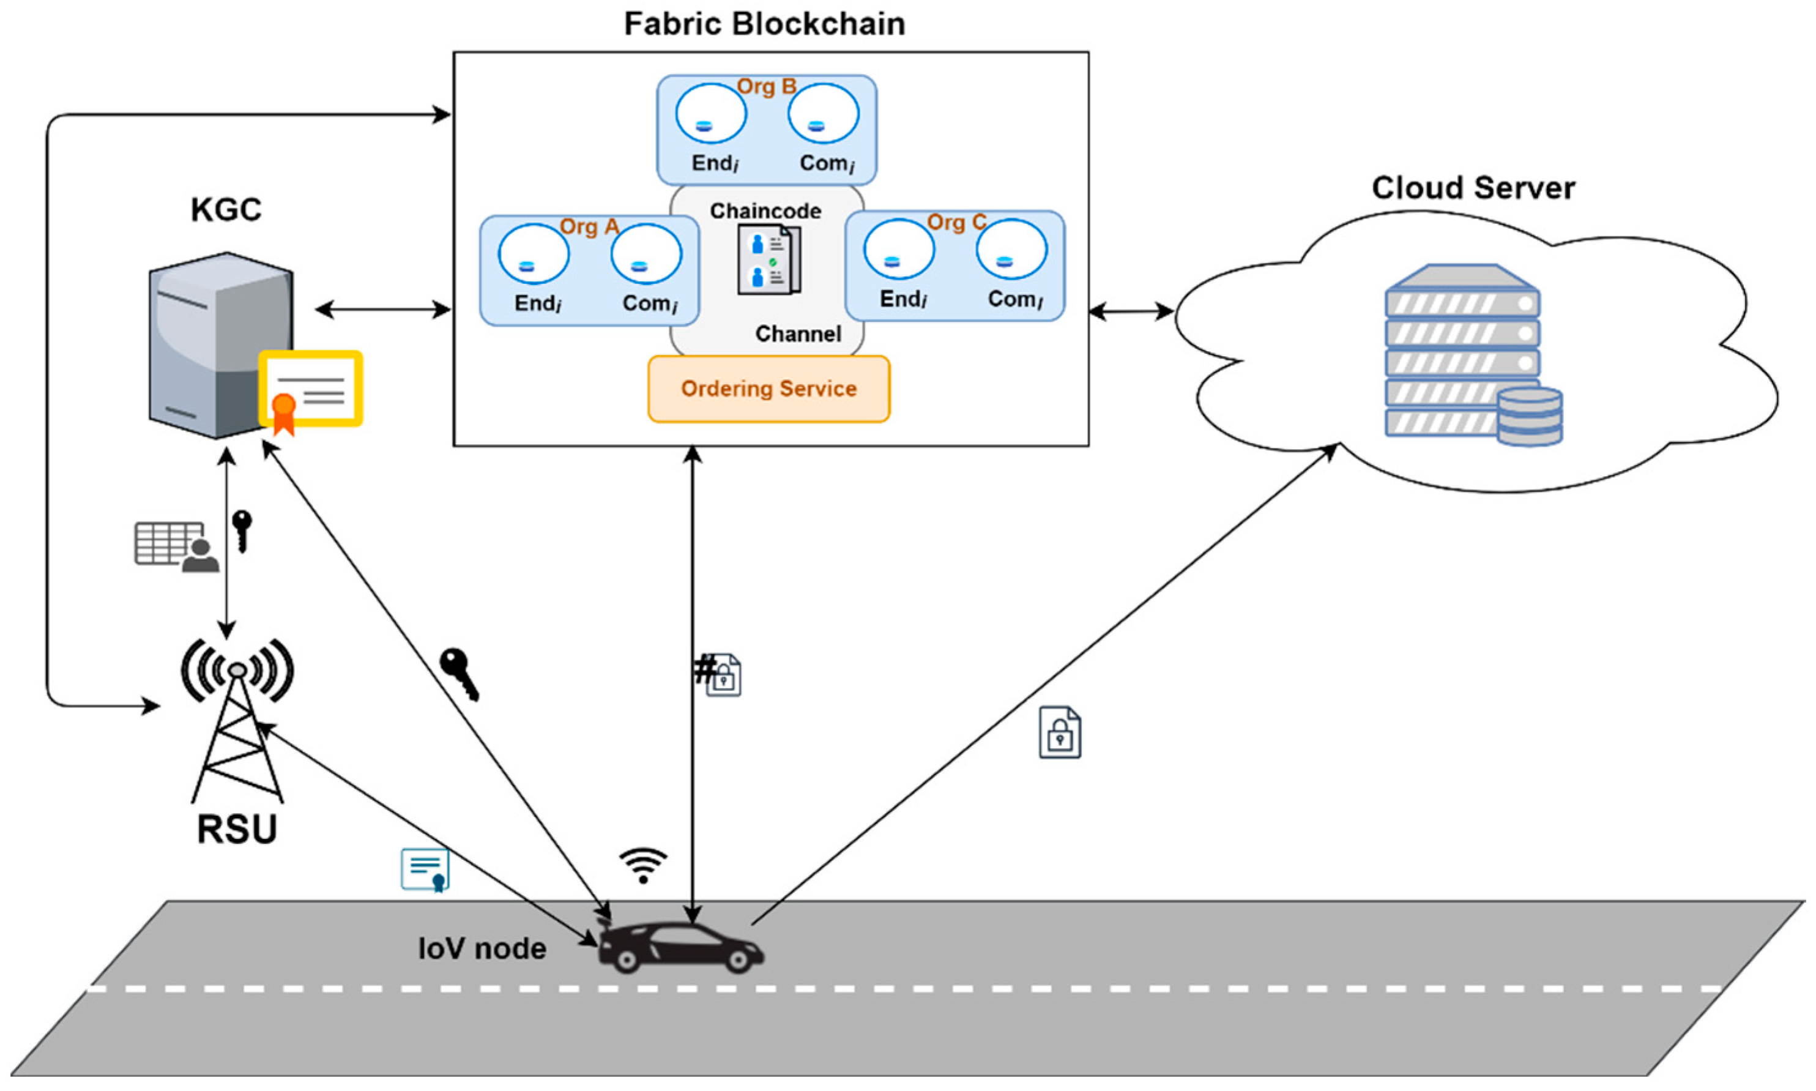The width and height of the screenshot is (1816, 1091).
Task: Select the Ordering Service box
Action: [768, 389]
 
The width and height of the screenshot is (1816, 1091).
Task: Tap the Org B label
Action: [767, 87]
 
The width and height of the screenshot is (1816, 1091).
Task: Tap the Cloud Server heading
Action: [1473, 188]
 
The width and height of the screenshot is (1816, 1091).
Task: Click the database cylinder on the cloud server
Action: [1530, 416]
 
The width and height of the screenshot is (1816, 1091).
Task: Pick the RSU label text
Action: [237, 829]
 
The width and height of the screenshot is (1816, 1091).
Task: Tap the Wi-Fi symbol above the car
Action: [643, 865]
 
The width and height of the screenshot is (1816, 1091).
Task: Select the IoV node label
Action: [482, 948]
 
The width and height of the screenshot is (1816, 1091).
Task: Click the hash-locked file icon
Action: [719, 674]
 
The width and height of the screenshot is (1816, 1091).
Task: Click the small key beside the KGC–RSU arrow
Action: [242, 531]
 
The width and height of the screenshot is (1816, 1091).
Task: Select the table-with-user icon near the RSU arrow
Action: [176, 546]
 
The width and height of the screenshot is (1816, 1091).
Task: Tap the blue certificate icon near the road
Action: [425, 869]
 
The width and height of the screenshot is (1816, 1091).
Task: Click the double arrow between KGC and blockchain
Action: [383, 310]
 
